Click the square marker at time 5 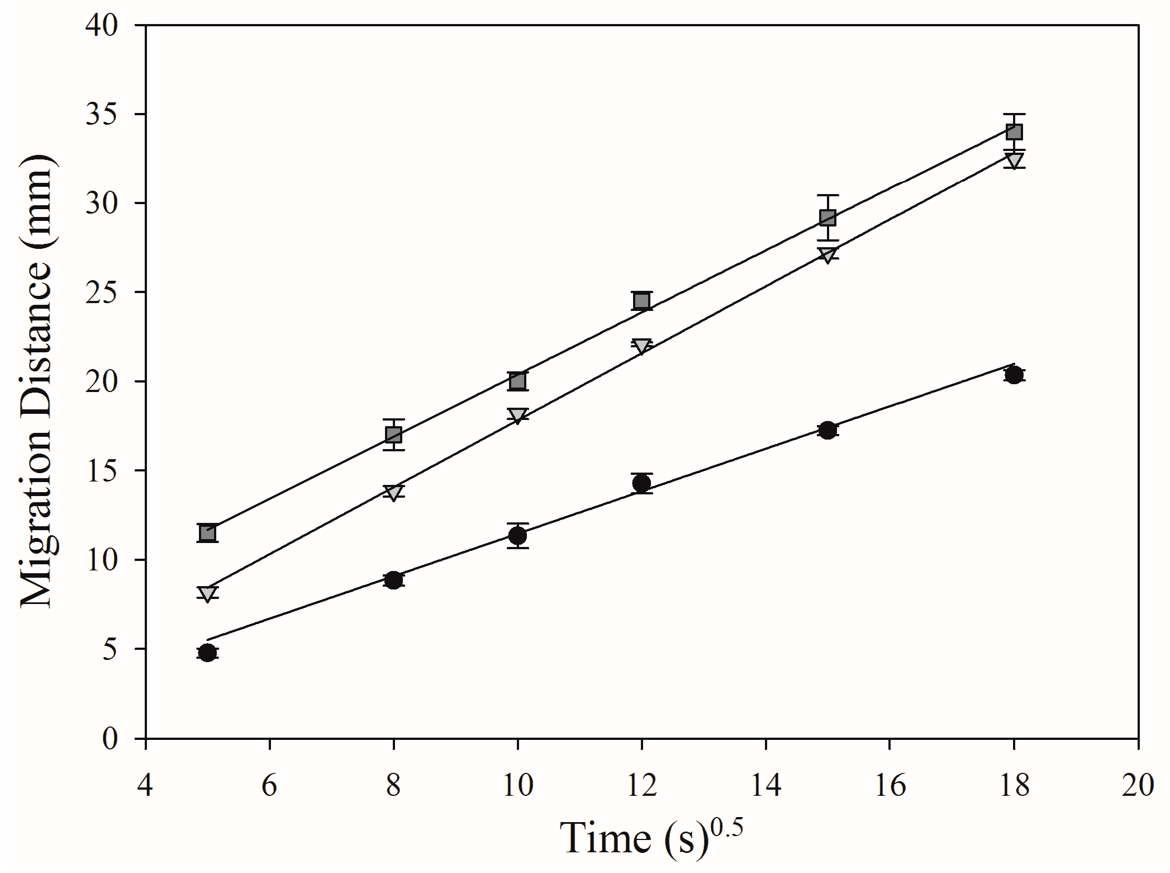[x=207, y=532]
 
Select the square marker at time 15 [x=827, y=217]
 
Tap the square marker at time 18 [x=1014, y=132]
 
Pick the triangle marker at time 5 [x=207, y=593]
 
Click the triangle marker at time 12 [x=642, y=346]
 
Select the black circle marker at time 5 [x=207, y=653]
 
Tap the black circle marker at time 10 [x=517, y=535]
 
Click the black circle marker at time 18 [x=1014, y=374]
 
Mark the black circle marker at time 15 [x=827, y=430]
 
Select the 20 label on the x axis [x=1138, y=786]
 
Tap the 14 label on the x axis [x=765, y=786]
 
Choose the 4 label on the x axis [x=145, y=786]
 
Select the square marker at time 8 [x=393, y=435]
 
